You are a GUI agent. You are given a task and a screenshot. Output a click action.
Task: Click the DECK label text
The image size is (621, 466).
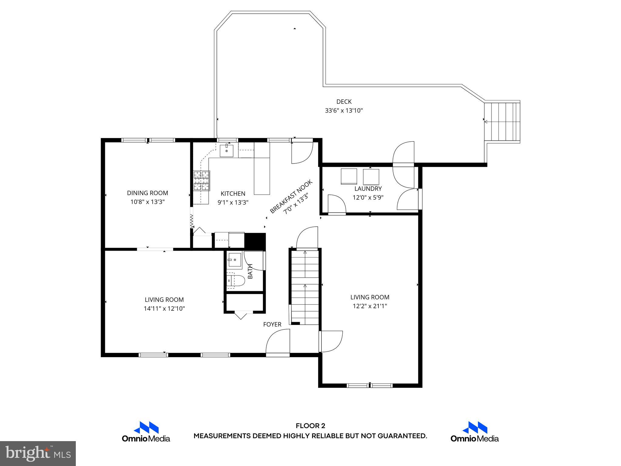[x=344, y=102]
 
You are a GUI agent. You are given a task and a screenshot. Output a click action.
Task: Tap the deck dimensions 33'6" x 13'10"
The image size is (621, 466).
[x=344, y=110]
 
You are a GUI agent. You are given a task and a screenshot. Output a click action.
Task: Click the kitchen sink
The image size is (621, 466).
[x=227, y=150]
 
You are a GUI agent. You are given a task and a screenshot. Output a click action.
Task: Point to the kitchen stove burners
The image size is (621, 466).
[x=202, y=181]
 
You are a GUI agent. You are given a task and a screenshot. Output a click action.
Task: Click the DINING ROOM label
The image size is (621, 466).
[x=147, y=193]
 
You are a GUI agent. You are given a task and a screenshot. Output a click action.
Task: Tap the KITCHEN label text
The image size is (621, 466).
[x=233, y=194]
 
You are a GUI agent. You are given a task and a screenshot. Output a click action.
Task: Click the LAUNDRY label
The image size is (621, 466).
[x=368, y=189]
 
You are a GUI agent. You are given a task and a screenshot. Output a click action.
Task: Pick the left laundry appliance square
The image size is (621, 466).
[x=349, y=177]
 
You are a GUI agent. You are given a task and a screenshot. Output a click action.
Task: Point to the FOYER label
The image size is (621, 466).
[x=272, y=324]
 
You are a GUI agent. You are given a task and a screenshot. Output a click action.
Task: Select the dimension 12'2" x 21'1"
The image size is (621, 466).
[x=370, y=306]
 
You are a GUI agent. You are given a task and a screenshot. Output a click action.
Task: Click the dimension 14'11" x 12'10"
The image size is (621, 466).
[x=164, y=309]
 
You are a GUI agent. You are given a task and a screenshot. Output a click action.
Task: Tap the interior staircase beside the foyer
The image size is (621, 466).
[x=305, y=287]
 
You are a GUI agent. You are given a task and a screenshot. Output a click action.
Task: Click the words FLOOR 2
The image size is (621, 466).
[x=310, y=426]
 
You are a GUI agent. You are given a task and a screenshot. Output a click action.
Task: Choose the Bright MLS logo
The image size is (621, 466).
[x=38, y=454]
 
